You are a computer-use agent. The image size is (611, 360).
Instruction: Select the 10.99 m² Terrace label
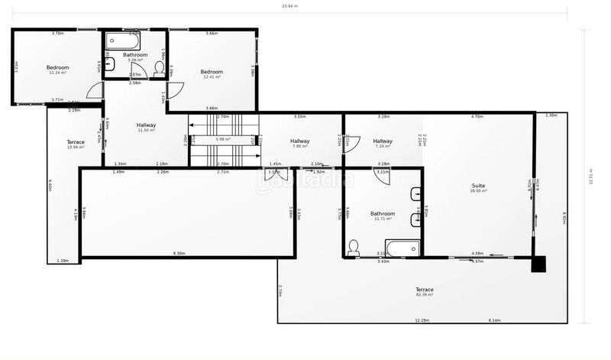coord(75,143)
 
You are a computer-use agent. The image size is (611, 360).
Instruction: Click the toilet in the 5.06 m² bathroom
coord(159,69)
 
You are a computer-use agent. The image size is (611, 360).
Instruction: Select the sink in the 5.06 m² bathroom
coord(109,64)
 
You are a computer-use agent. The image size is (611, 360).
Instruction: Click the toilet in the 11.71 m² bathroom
coord(354,247)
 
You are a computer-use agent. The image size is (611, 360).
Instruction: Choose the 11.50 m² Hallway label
coord(146,126)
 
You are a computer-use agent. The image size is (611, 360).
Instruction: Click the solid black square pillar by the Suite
coord(539,264)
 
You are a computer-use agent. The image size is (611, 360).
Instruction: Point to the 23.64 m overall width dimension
coord(289,7)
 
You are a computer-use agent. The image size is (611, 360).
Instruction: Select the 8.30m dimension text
coord(179,253)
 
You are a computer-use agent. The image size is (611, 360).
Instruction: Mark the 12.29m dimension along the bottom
coord(422,320)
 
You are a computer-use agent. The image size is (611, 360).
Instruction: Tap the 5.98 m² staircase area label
coord(223,139)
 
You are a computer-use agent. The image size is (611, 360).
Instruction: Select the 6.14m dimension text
coord(494,320)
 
